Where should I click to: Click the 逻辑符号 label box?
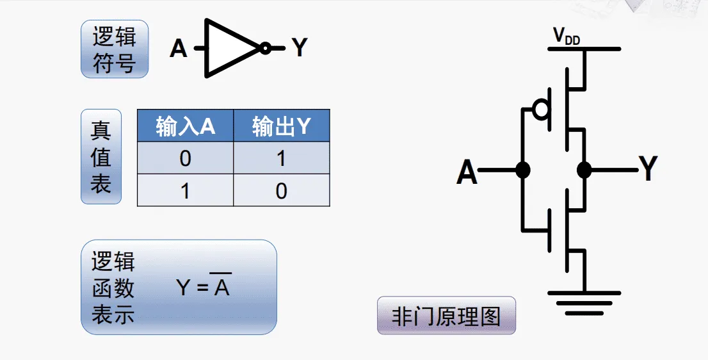tap(115, 49)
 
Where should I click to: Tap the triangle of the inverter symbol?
tap(229, 48)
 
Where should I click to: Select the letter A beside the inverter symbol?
tap(179, 48)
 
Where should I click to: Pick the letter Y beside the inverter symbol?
tap(300, 47)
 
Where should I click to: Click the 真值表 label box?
tap(101, 157)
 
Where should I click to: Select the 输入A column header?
tap(186, 126)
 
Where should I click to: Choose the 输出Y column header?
tap(282, 126)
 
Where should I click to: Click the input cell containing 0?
tap(186, 158)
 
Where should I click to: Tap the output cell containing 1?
tap(282, 158)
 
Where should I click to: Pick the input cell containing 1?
tap(186, 191)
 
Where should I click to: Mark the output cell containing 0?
tap(282, 191)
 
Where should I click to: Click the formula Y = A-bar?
tap(203, 288)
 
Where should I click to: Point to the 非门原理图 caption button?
tap(446, 316)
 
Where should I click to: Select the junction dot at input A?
tap(523, 170)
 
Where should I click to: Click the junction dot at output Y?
tap(584, 170)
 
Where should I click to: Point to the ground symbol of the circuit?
tap(584, 300)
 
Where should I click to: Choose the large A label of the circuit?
tap(467, 172)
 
